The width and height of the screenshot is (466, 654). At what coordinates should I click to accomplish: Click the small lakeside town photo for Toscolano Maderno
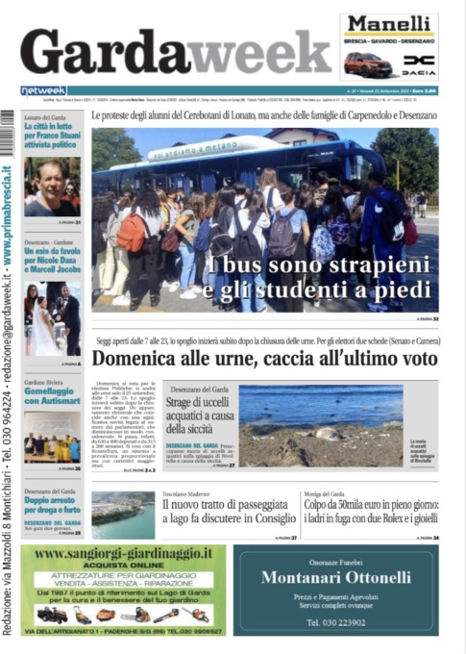[x=122, y=515]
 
